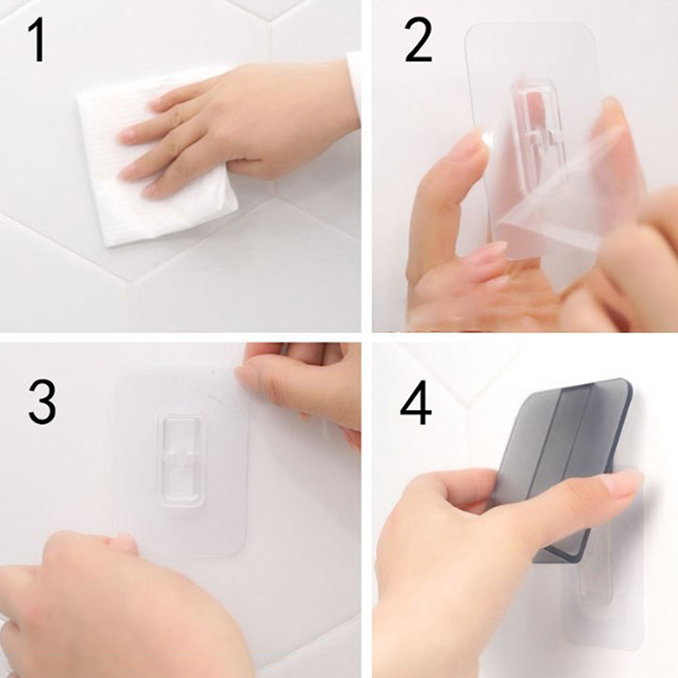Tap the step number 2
[x=418, y=41]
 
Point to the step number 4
[x=416, y=403]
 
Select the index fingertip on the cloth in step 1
[x=128, y=135]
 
